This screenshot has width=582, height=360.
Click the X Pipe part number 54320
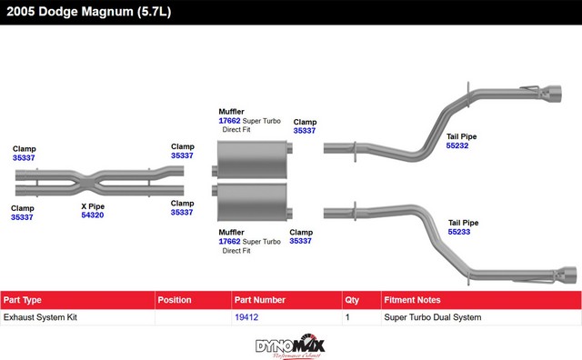(93, 215)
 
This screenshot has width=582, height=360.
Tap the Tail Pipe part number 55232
(457, 145)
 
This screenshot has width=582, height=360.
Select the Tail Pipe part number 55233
(459, 232)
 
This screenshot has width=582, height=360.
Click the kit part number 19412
(246, 317)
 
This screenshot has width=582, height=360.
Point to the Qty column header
(352, 300)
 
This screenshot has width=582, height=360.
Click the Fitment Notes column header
(412, 300)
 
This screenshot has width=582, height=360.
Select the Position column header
(175, 300)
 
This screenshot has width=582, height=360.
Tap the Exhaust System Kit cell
(40, 317)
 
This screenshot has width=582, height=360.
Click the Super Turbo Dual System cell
(433, 317)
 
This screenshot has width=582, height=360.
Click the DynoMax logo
(290, 345)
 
